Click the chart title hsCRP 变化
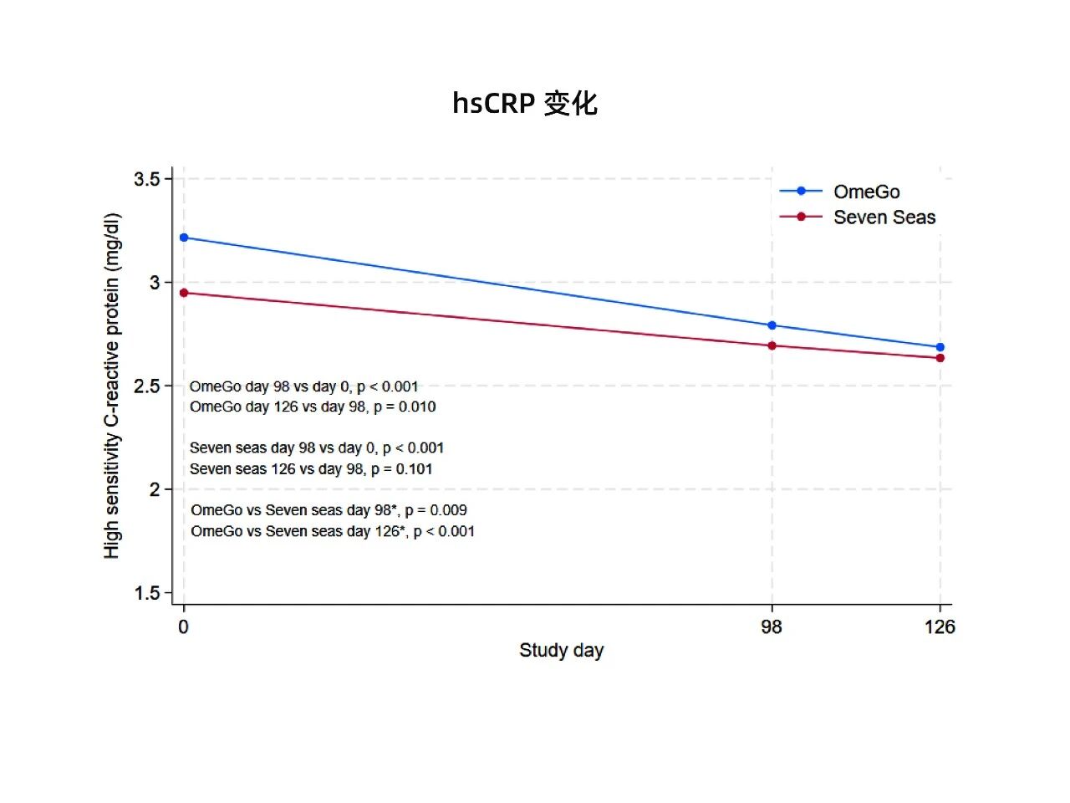pyautogui.click(x=525, y=103)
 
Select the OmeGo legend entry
pyautogui.click(x=866, y=192)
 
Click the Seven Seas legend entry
pyautogui.click(x=884, y=217)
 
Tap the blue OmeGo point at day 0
pyautogui.click(x=184, y=238)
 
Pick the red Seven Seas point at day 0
pyautogui.click(x=184, y=293)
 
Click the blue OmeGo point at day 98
pyautogui.click(x=772, y=325)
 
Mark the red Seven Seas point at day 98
pyautogui.click(x=772, y=345)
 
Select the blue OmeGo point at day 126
pyautogui.click(x=940, y=347)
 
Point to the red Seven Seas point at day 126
pyautogui.click(x=940, y=358)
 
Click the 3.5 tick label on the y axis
pyautogui.click(x=146, y=179)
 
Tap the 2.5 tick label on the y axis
pyautogui.click(x=146, y=386)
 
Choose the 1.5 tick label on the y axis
pyautogui.click(x=146, y=593)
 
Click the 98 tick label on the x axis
pyautogui.click(x=772, y=627)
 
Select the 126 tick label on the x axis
pyautogui.click(x=940, y=627)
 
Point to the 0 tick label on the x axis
pyautogui.click(x=184, y=627)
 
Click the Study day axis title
pyautogui.click(x=561, y=651)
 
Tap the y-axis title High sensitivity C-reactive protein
pyautogui.click(x=112, y=386)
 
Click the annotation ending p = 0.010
pyautogui.click(x=313, y=407)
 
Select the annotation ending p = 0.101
pyautogui.click(x=311, y=469)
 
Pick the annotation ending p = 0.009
pyautogui.click(x=329, y=510)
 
